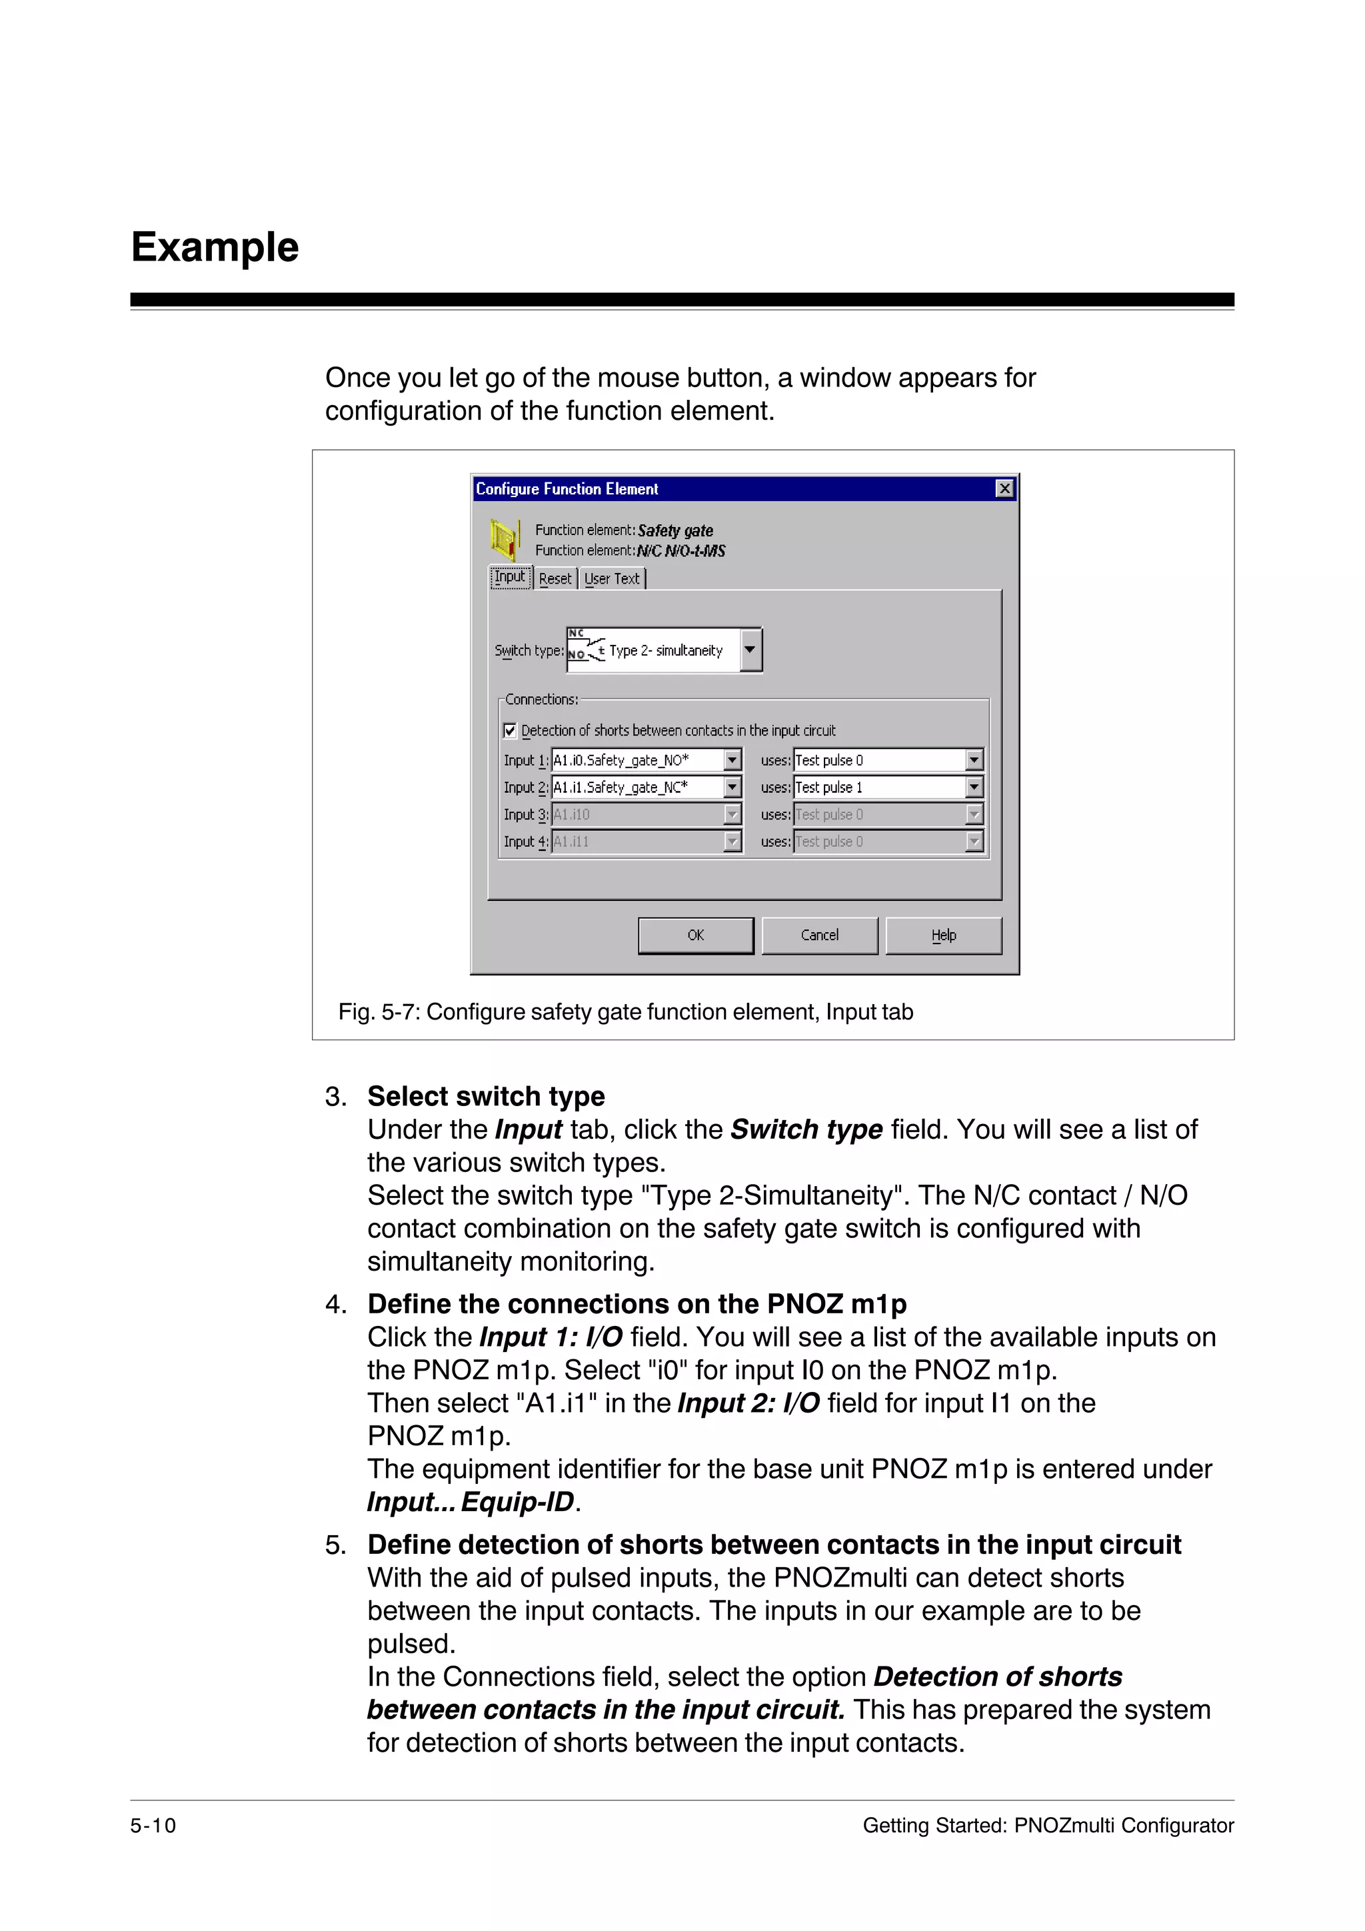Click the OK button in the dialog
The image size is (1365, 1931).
[x=696, y=936]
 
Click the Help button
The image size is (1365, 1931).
[x=943, y=936]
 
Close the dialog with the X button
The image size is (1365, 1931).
[x=1004, y=488]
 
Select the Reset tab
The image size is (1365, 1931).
[x=555, y=578]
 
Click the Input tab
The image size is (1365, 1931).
[x=510, y=577]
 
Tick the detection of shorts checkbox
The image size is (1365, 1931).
[x=510, y=730]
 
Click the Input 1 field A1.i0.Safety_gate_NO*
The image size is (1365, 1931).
[x=637, y=760]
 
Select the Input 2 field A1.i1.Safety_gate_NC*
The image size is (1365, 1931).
[x=637, y=787]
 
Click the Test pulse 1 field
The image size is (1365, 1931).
[x=879, y=787]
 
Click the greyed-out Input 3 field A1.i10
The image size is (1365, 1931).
[x=637, y=814]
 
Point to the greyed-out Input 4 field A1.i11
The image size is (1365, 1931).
[x=637, y=841]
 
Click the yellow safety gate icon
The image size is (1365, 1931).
[x=505, y=539]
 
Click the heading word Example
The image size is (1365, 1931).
[x=215, y=247]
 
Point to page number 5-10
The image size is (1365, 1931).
[x=153, y=1825]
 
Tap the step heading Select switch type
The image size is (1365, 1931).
[x=486, y=1096]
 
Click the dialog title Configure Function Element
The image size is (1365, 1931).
[x=567, y=488]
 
